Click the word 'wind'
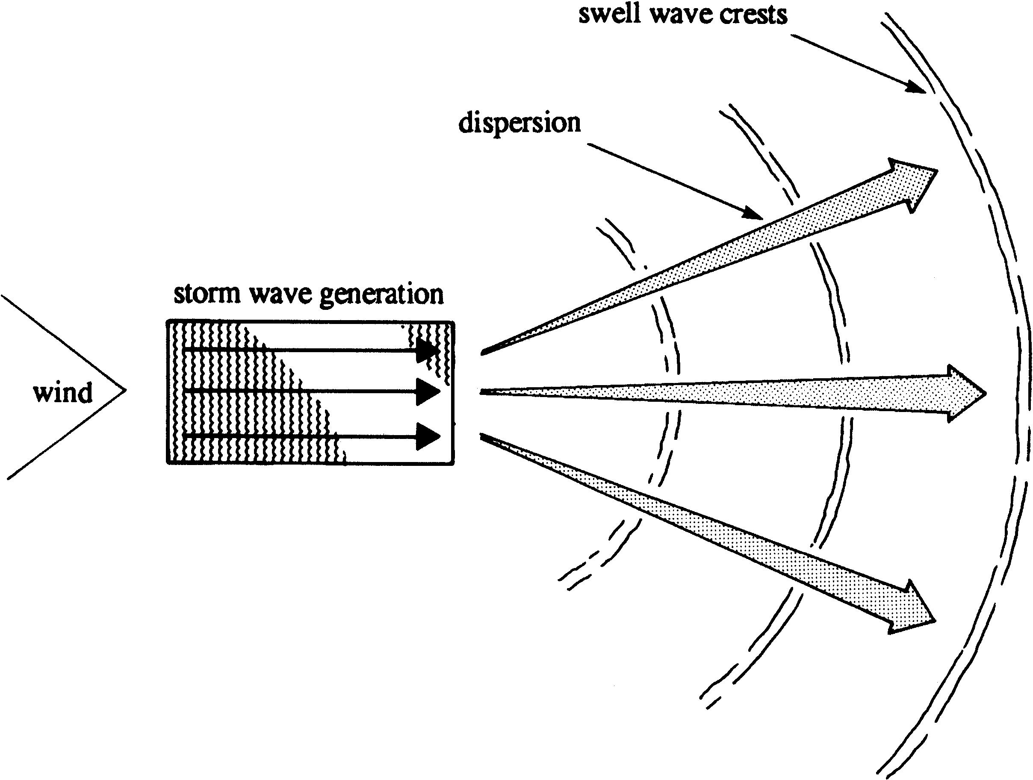pyautogui.click(x=62, y=393)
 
